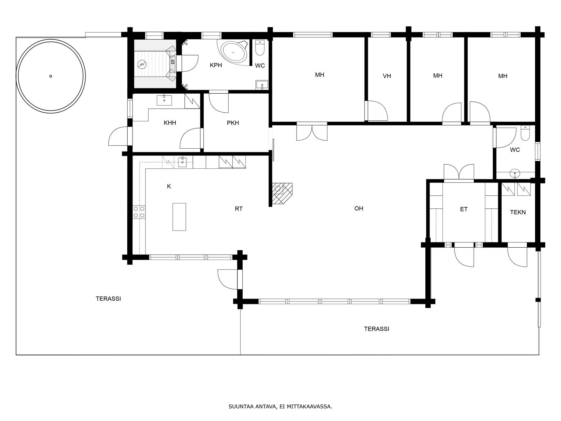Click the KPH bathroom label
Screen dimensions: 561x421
click(x=216, y=65)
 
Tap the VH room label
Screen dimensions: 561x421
click(x=387, y=76)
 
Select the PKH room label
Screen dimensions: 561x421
click(x=233, y=123)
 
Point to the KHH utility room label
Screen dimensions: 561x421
click(x=170, y=123)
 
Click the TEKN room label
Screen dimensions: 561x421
click(x=518, y=212)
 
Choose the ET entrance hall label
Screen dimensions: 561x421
click(x=464, y=209)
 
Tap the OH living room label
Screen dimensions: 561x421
click(x=359, y=209)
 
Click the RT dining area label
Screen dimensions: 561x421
click(x=238, y=209)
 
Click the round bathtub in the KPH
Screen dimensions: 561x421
click(x=234, y=52)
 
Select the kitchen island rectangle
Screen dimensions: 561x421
click(x=179, y=217)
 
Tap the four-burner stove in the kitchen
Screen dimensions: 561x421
click(x=139, y=212)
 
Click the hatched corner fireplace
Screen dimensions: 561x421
click(x=282, y=194)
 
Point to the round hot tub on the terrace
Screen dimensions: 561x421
click(x=50, y=76)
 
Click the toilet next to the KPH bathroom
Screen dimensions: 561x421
click(x=260, y=48)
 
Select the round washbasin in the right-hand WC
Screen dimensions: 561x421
click(x=514, y=174)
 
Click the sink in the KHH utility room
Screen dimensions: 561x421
click(x=164, y=100)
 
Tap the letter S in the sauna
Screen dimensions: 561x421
click(x=173, y=62)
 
